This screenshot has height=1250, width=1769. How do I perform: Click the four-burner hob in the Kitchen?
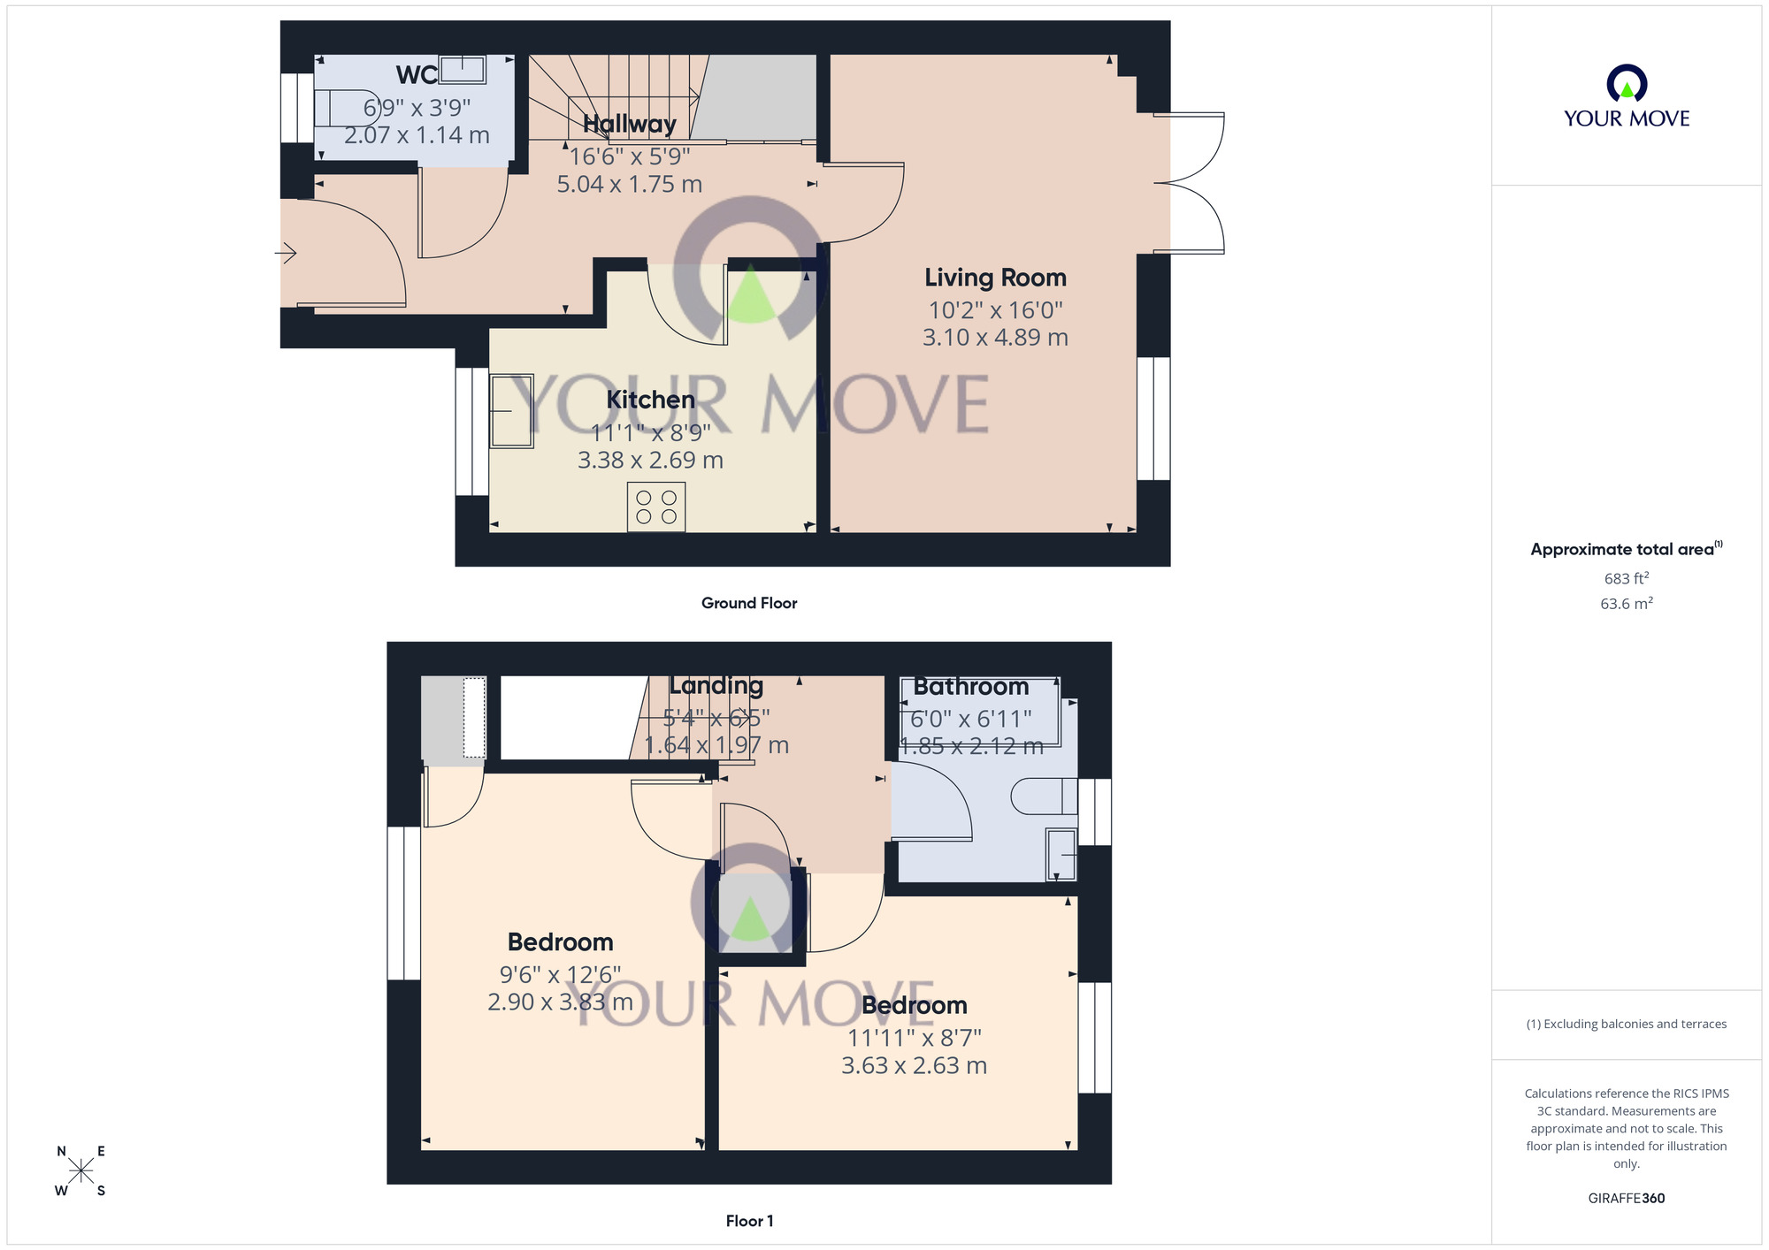656,507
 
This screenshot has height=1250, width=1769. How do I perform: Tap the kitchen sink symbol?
511,411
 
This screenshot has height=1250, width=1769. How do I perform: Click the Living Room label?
995,278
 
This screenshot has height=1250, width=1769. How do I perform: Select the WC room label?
417,75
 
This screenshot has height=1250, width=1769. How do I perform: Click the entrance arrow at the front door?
286,254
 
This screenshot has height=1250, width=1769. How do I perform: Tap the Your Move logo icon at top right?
1626,85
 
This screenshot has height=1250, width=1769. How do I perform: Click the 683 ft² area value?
1626,579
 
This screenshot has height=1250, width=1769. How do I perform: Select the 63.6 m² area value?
1626,604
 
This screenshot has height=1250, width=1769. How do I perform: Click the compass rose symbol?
80,1171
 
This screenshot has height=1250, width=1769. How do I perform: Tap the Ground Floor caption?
749,603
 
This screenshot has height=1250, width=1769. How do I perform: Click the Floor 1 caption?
749,1221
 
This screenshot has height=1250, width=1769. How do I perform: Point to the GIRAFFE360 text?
1626,1199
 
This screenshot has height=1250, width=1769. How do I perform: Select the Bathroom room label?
970,687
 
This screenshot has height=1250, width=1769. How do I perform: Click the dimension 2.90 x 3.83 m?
560,1002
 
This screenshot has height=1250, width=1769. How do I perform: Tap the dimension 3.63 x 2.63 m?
914,1065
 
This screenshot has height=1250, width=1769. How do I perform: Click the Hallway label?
629,124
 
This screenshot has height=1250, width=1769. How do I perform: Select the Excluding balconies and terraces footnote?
1626,1024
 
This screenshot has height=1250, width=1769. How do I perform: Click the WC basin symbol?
463,69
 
